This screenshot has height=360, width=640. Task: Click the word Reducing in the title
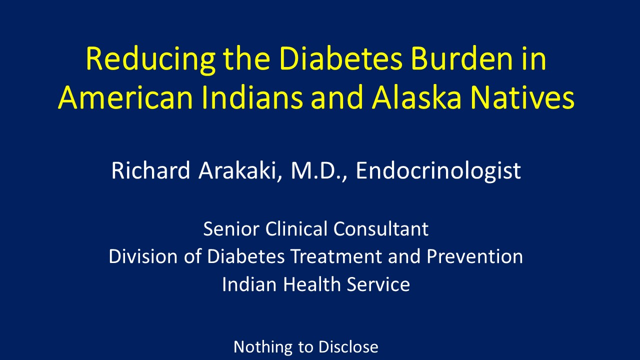pos(150,60)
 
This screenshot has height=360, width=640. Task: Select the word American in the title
pos(125,97)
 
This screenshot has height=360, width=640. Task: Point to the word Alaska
pos(416,97)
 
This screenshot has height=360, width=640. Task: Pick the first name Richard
pos(150,170)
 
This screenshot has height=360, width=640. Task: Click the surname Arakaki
pos(240,170)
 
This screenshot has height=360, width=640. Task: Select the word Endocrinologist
pos(438,171)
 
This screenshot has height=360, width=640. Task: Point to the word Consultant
pos(381,229)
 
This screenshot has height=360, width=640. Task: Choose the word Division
pos(143,256)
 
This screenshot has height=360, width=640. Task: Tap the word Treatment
pos(336,256)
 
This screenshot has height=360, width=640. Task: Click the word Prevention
pos(475,256)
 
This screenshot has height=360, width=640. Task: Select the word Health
pos(312,284)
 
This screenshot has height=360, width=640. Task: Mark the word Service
pos(378,284)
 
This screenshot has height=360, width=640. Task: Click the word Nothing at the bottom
pos(263,347)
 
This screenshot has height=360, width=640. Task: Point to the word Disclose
pos(348,347)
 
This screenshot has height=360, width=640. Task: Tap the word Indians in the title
pos(252,97)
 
